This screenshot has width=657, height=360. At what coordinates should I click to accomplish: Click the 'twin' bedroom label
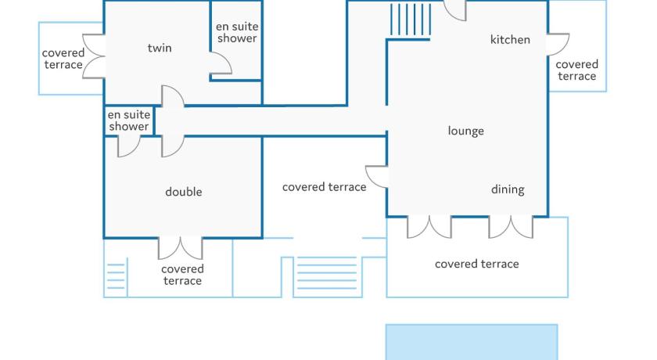point(160,49)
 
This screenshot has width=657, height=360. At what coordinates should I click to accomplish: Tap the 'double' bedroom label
point(184,192)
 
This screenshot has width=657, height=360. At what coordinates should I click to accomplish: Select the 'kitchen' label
point(510,40)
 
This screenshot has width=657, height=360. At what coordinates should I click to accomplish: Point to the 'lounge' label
point(465,131)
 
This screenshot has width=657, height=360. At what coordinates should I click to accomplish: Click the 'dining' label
point(508,189)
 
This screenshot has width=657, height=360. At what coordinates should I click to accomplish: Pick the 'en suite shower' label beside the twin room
point(237,32)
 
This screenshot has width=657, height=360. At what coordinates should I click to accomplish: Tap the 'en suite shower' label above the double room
point(129,121)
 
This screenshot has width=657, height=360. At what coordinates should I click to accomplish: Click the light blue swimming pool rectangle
point(472,342)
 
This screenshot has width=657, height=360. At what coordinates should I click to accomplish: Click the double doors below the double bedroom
point(181,248)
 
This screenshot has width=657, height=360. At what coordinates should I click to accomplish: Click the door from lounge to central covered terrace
point(378,177)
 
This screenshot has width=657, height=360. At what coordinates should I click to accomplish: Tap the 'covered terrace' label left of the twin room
point(63,59)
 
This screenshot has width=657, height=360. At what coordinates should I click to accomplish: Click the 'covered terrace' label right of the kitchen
point(577,70)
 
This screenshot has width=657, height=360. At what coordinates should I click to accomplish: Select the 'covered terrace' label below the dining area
point(476,264)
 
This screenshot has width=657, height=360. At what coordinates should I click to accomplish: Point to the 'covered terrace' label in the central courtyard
point(324,187)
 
